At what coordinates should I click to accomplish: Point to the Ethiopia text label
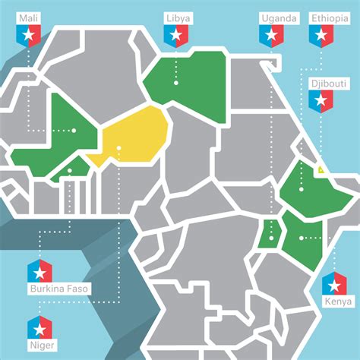(328, 17)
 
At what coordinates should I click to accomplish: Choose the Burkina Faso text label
(58, 289)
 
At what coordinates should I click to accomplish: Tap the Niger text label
(39, 346)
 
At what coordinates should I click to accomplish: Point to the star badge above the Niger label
(39, 328)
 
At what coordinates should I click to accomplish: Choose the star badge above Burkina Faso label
(39, 270)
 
